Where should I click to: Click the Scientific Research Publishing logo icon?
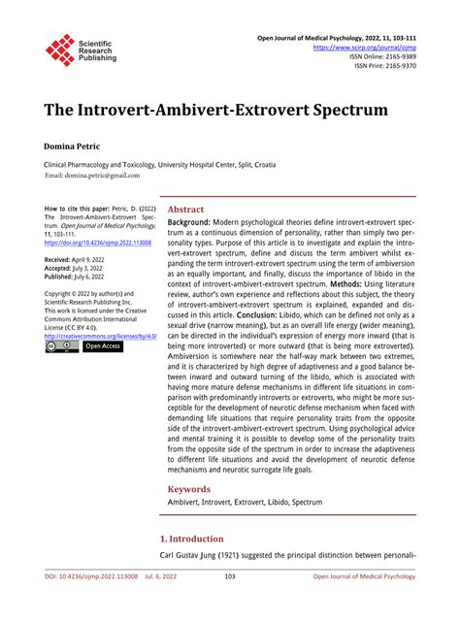click(x=60, y=49)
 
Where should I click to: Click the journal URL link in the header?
click(x=364, y=46)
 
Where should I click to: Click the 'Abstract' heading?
click(x=185, y=209)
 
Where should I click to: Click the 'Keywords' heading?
click(x=189, y=490)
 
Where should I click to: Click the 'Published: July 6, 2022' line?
click(x=82, y=277)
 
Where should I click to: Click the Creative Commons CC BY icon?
click(x=61, y=346)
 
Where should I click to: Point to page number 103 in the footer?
click(x=230, y=603)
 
